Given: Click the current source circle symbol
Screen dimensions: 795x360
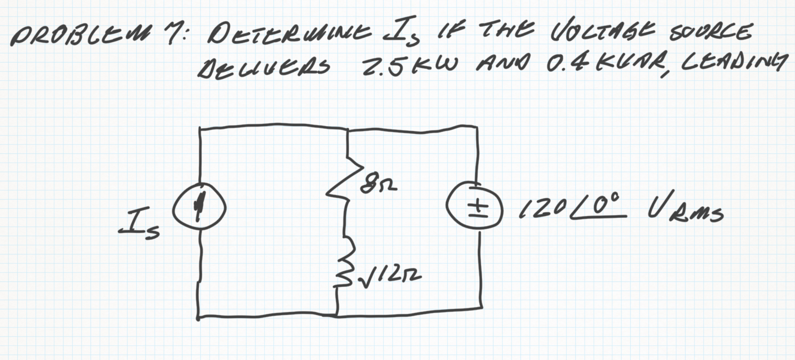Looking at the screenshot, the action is tap(199, 207).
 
